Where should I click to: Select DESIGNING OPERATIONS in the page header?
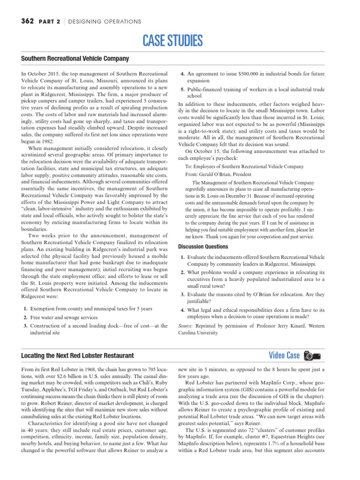105,22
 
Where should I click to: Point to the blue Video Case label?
284,355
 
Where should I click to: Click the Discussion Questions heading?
203,247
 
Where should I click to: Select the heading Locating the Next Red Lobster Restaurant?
77,356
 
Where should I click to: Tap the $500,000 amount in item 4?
255,74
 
